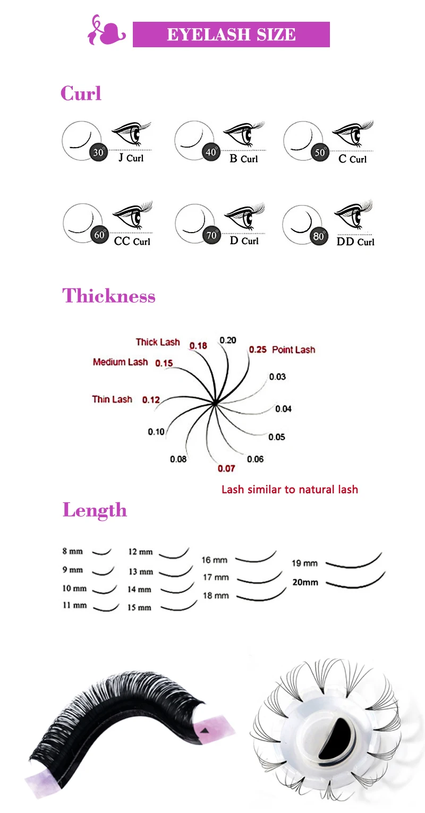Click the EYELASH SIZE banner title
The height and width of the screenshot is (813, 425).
231,35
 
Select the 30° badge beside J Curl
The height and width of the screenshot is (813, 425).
98,152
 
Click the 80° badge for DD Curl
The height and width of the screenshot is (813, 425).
318,236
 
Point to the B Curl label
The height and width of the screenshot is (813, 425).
243,158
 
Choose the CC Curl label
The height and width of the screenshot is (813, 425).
132,242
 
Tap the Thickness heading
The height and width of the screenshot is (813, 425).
109,296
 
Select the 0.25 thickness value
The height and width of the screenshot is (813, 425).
258,350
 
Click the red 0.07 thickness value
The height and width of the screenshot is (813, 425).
226,468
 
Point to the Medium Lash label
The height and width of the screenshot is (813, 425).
120,362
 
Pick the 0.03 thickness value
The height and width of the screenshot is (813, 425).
277,377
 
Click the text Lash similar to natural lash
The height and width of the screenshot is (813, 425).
290,490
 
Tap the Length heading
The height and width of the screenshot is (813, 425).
95,510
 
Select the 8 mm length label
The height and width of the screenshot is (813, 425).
72,551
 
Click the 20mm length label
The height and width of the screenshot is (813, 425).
305,582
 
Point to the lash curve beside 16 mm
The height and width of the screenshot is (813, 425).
256,557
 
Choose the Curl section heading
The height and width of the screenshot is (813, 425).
81,93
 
